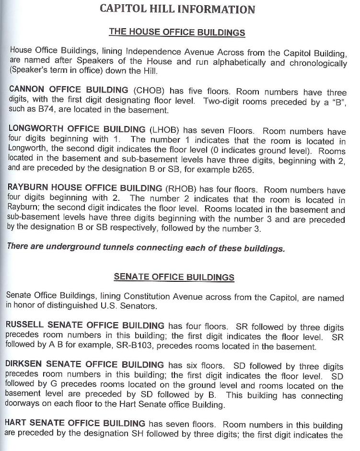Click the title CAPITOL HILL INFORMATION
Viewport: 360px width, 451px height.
177,9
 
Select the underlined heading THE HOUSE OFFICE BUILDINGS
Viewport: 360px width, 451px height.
177,33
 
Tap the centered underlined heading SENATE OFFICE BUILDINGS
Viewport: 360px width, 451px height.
174,277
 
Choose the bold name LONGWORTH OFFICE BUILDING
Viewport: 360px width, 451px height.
77,129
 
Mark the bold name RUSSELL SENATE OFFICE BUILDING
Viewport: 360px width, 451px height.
84,326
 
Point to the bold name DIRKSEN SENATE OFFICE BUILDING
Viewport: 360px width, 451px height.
84,366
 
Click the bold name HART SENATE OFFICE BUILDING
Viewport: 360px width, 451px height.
75,424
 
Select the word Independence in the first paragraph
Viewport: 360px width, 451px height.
150,51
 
